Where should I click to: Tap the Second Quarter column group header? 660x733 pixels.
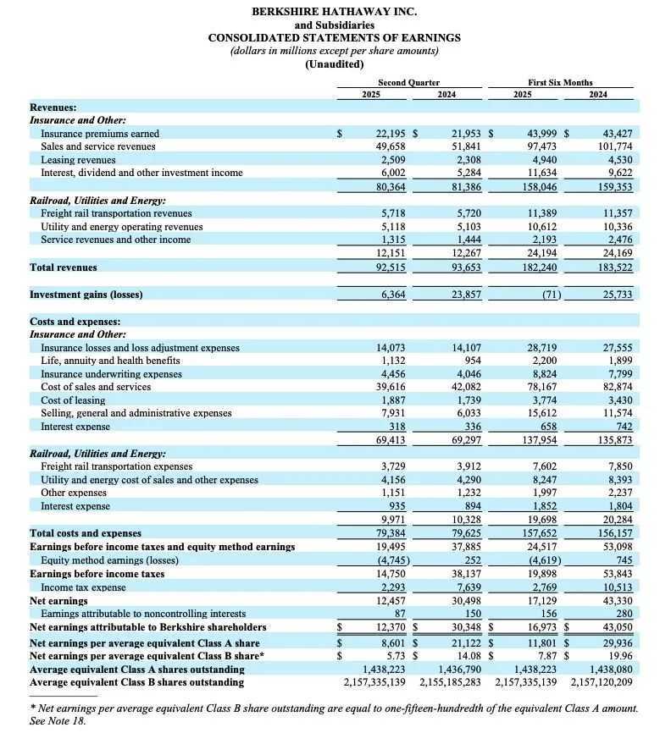pyautogui.click(x=408, y=82)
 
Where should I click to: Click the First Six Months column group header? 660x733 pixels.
pyautogui.click(x=560, y=82)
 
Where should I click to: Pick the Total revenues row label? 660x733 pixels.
pyautogui.click(x=64, y=267)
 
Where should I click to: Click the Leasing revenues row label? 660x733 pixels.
pyautogui.click(x=78, y=160)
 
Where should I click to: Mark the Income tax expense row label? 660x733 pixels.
pyautogui.click(x=84, y=587)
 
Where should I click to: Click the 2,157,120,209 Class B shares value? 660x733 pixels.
pyautogui.click(x=602, y=682)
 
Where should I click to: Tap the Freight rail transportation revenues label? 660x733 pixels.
pyautogui.click(x=116, y=213)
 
